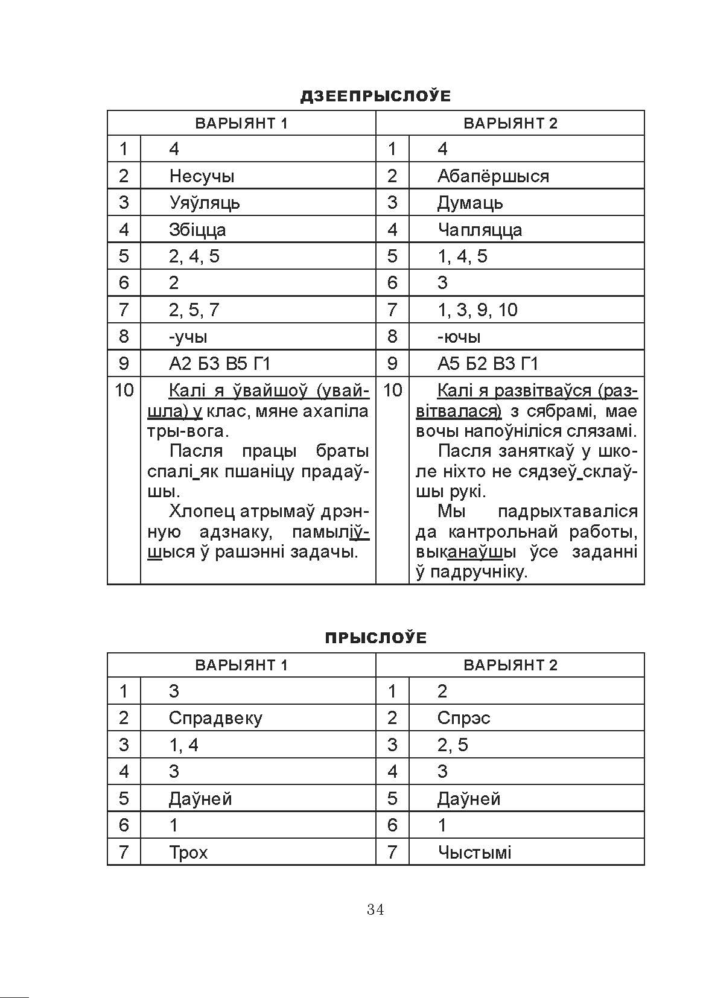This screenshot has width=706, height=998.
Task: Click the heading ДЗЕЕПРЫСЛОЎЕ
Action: coord(375,96)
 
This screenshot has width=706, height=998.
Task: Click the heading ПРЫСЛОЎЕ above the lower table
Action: coord(375,638)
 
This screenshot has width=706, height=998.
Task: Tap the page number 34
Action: coord(375,910)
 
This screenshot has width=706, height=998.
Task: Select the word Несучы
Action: coord(202,176)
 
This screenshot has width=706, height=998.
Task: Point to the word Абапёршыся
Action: coord(493,176)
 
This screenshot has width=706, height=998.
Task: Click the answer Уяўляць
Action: coord(204,203)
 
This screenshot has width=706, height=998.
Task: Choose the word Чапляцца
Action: coord(480,230)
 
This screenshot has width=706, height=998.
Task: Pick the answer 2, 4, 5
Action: coord(194,256)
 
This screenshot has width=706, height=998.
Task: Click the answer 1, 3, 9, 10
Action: coord(477,310)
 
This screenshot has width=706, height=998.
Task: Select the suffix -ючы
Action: coord(459,337)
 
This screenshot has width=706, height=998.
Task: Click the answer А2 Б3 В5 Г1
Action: coord(220,364)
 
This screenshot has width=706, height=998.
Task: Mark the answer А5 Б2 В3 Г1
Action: coord(488,364)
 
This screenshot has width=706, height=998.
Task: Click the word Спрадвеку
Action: coord(215,718)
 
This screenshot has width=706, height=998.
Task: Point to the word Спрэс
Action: coord(463,718)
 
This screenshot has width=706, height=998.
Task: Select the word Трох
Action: coord(188,853)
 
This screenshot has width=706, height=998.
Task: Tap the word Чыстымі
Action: coord(474,853)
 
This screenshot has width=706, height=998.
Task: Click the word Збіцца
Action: coord(197,230)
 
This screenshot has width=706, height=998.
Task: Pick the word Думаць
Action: coord(470,203)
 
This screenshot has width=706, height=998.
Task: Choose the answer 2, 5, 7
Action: coord(194,310)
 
